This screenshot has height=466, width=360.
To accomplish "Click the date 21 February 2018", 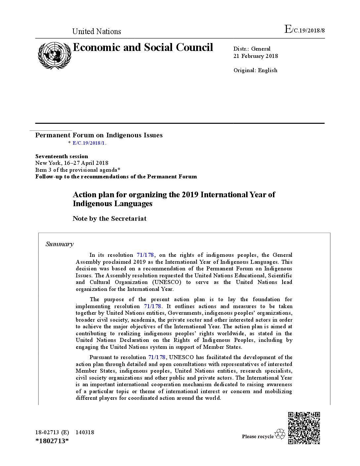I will (x=255, y=56).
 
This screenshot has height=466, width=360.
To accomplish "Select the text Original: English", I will (x=255, y=70).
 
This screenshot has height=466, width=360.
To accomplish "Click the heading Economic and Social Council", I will (x=143, y=48).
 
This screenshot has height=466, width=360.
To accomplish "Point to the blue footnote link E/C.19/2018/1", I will (x=89, y=143).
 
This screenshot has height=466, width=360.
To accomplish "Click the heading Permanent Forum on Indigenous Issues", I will (x=99, y=135).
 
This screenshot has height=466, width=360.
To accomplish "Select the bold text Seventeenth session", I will (x=62, y=156).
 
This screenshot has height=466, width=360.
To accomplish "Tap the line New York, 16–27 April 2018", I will (x=72, y=163).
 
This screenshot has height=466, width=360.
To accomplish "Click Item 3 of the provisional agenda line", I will (x=78, y=170).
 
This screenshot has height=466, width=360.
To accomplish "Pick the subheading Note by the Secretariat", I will (x=110, y=218).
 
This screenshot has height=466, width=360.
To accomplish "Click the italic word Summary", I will (x=60, y=244).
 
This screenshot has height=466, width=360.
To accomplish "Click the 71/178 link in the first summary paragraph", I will (x=145, y=255).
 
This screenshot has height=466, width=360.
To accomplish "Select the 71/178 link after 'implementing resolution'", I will (x=153, y=306).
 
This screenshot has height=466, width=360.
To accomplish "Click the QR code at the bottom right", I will (x=304, y=428).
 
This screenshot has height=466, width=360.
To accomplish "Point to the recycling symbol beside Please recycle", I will (x=280, y=434).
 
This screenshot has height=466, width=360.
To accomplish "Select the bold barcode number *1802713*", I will (x=52, y=441).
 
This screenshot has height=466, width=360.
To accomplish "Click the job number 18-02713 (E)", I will (x=52, y=432).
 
